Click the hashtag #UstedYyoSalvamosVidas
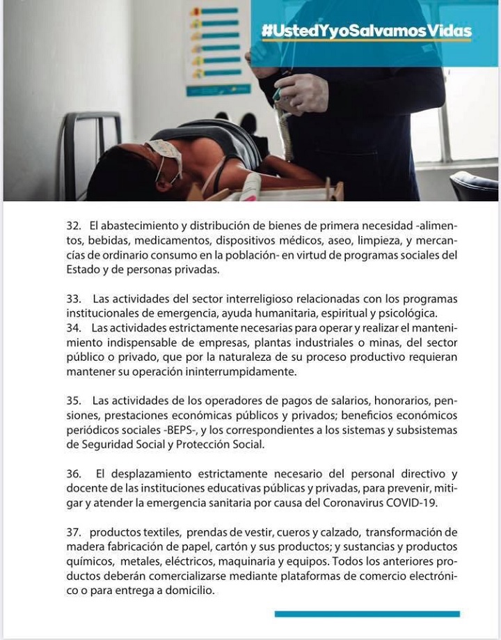(x=366, y=31)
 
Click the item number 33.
(x=73, y=299)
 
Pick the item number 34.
(x=73, y=327)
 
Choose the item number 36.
(x=73, y=474)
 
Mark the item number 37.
(x=73, y=533)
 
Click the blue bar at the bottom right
(x=367, y=614)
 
